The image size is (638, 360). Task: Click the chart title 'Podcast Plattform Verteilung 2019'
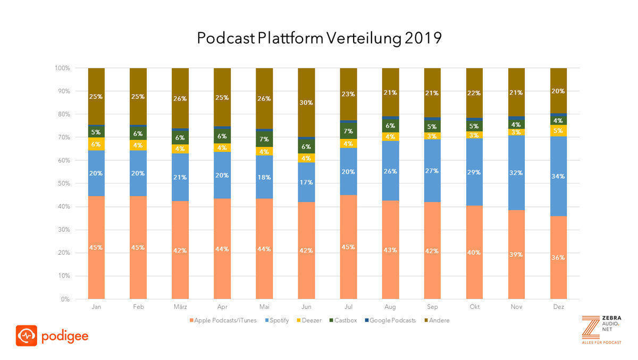[319, 39]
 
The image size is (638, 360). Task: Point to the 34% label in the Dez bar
[558, 176]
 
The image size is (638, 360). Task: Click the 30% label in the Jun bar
[306, 103]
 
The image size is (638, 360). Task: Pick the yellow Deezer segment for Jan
[96, 144]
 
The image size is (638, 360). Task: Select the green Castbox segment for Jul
[348, 131]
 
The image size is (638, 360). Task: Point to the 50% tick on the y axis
[63, 183]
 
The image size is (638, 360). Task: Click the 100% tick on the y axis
[62, 68]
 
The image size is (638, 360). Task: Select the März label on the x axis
[180, 307]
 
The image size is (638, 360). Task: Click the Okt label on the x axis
[474, 307]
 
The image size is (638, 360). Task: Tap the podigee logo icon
[26, 336]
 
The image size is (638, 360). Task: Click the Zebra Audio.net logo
[601, 330]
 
